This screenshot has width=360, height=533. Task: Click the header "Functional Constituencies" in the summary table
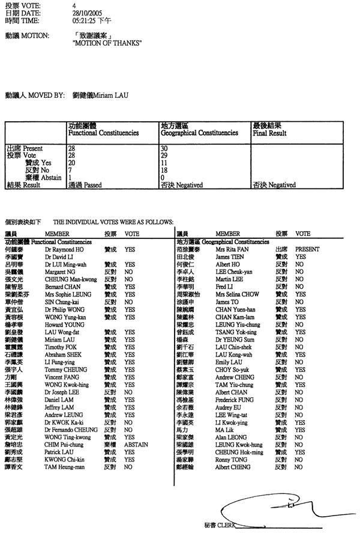(x=104, y=133)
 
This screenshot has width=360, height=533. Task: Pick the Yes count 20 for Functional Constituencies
(x=72, y=162)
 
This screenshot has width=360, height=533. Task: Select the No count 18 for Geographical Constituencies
(x=164, y=170)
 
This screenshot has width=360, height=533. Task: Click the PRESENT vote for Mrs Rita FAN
(x=307, y=248)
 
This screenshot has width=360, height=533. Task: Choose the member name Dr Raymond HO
(x=65, y=248)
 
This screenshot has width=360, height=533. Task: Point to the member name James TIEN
(x=228, y=256)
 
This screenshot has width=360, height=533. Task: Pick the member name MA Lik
(x=224, y=430)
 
